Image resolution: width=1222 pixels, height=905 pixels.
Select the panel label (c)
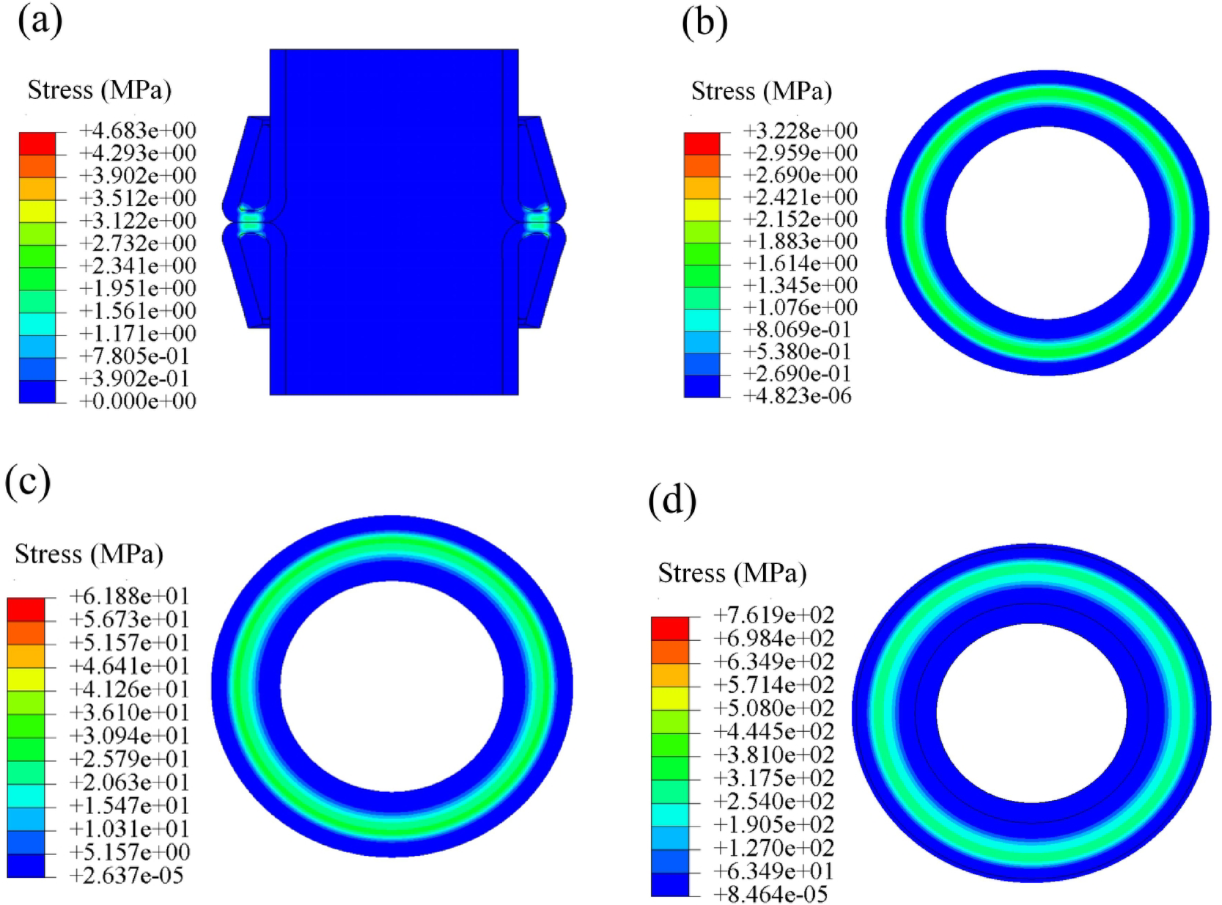[27, 482]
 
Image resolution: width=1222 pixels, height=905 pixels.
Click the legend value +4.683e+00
[138, 131]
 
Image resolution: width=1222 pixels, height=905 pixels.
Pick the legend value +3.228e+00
[800, 131]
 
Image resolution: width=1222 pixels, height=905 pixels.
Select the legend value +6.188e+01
[129, 596]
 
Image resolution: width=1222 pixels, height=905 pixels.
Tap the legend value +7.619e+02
[773, 615]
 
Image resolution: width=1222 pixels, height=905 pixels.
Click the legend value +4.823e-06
[797, 396]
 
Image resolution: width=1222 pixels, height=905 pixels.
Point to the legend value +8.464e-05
[770, 895]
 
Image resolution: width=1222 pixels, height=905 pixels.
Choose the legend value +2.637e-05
[126, 876]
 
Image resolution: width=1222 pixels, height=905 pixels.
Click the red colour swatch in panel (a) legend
[37, 143]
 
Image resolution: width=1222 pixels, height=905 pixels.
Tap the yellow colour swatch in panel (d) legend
[670, 698]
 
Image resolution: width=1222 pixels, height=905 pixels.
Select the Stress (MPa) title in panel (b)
[761, 92]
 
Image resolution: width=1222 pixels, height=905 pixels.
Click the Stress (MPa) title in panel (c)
[89, 554]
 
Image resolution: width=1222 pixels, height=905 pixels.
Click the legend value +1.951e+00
[138, 288]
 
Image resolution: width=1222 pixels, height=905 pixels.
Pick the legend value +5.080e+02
[773, 708]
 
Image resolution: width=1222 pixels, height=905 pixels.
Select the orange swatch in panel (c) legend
[26, 632]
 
